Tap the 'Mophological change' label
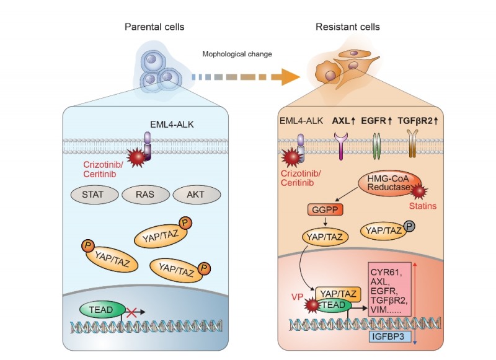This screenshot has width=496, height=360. (237, 54)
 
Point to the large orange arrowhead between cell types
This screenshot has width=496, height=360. (286, 77)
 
